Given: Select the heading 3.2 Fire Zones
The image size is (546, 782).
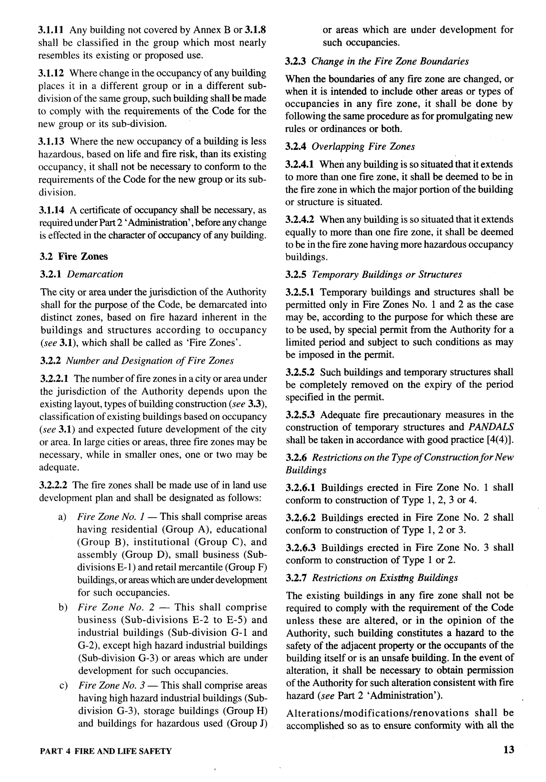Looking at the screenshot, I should (x=74, y=257).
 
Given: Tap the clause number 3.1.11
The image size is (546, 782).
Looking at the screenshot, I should (x=51, y=30).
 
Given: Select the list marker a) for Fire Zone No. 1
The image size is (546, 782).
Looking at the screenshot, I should (x=62, y=517).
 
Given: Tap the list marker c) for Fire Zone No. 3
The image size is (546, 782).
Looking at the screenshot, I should (x=63, y=685).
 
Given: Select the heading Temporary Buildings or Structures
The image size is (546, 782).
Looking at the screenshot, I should (x=387, y=274).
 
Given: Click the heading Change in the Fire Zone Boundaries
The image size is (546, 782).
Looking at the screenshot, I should (x=390, y=61).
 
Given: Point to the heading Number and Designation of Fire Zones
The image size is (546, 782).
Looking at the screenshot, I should (x=150, y=361).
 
